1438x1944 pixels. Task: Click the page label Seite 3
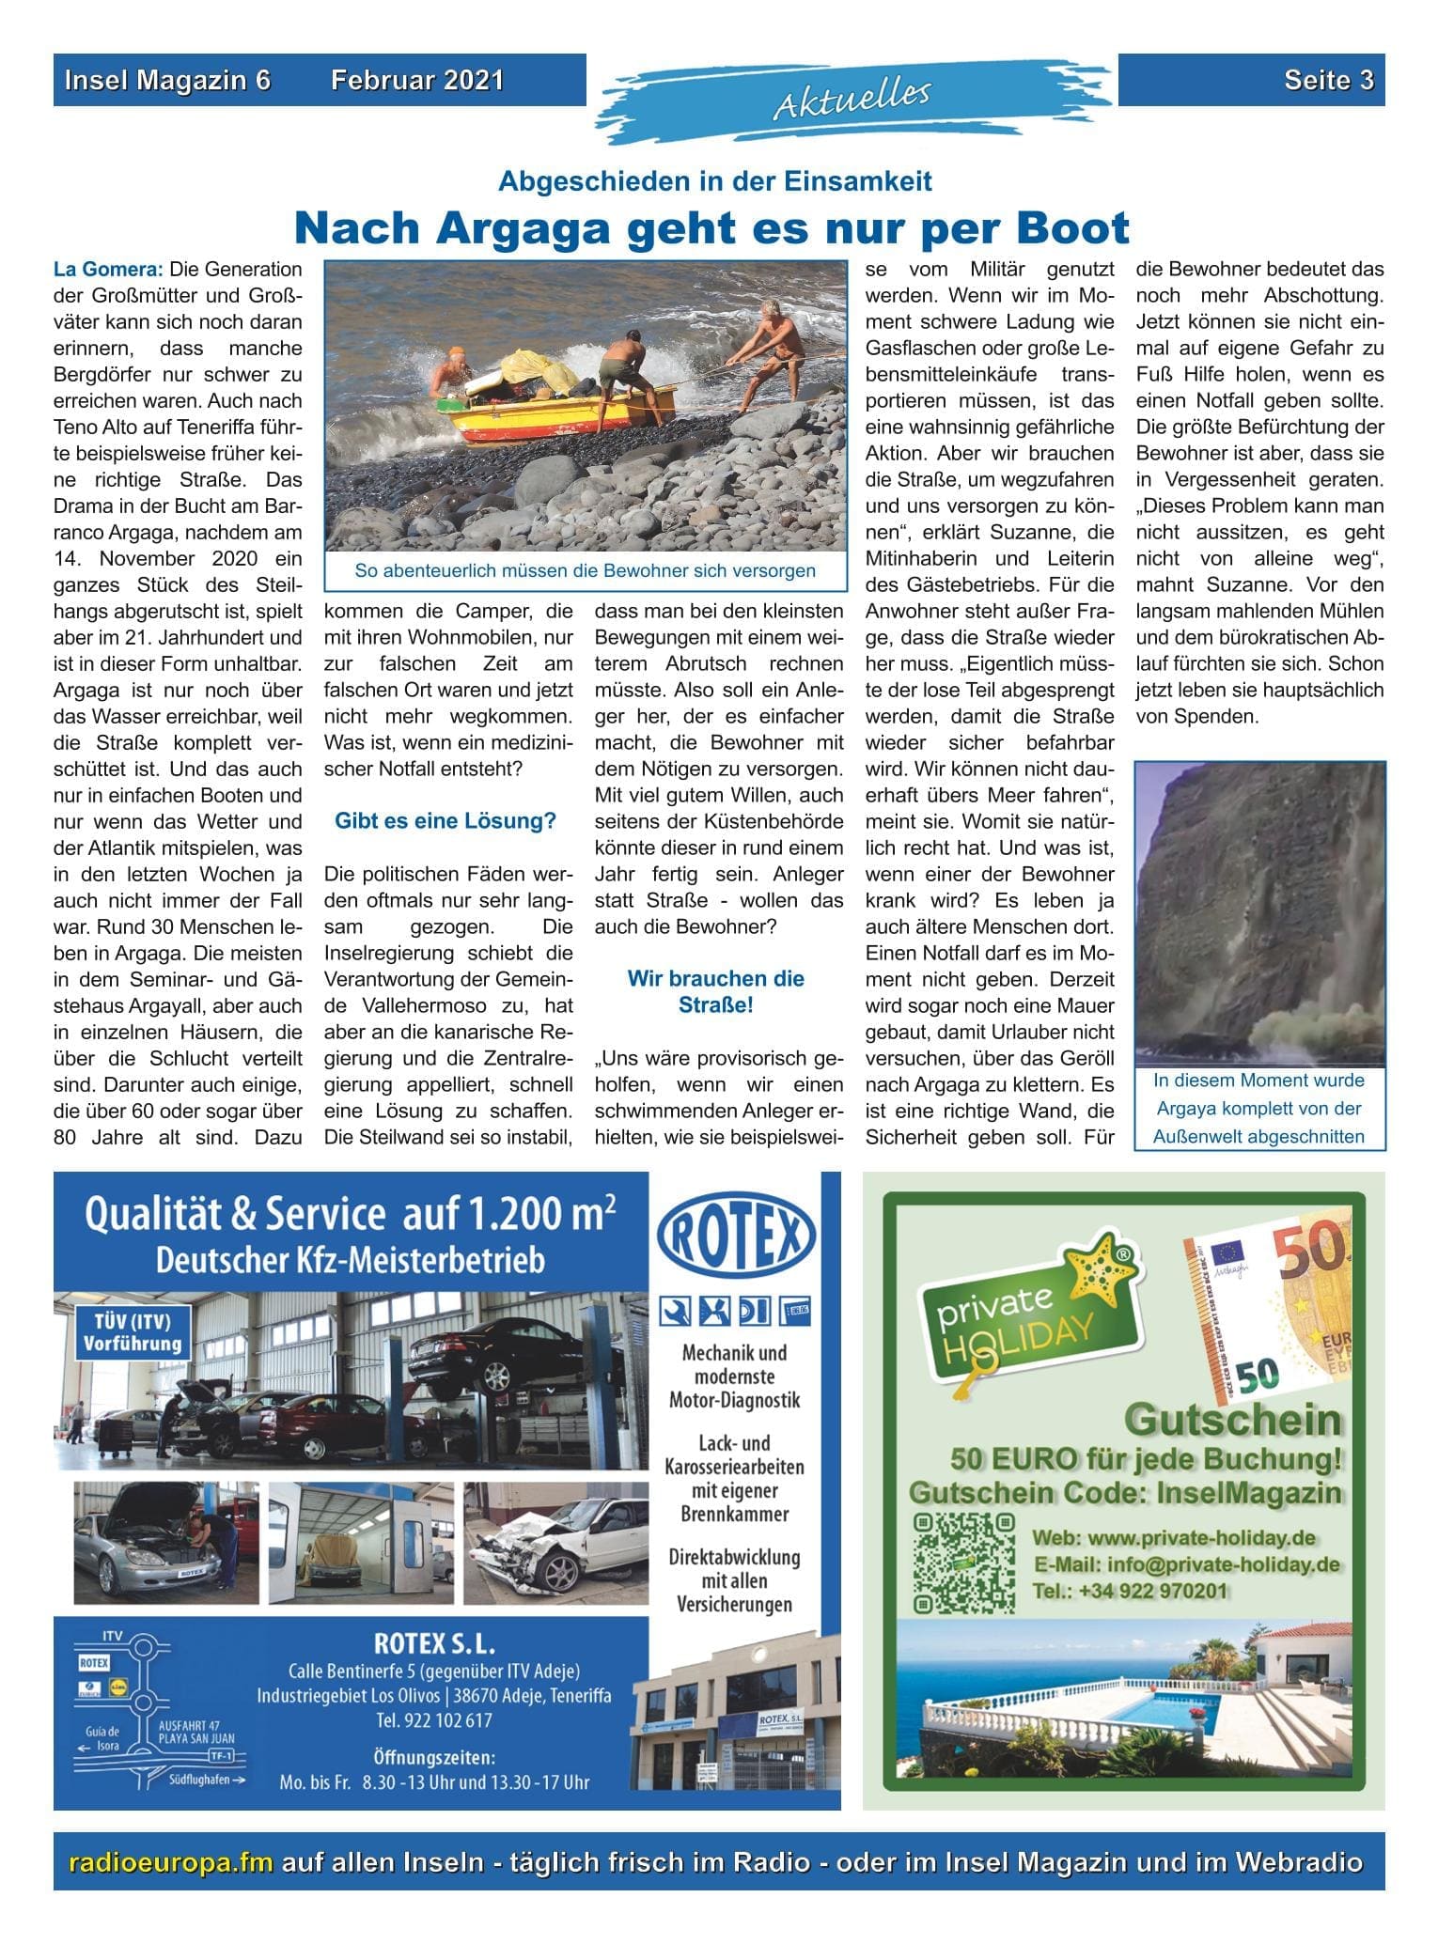tap(1328, 81)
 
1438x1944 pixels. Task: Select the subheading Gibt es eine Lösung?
tap(445, 821)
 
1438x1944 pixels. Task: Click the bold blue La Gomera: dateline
tap(108, 270)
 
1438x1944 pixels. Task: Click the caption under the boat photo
tap(585, 570)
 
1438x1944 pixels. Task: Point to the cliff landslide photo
tap(1259, 911)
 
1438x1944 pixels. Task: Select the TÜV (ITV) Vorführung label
tap(132, 1332)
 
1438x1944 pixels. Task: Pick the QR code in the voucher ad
tap(964, 1563)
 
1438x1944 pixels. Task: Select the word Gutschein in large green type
tap(1233, 1420)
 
